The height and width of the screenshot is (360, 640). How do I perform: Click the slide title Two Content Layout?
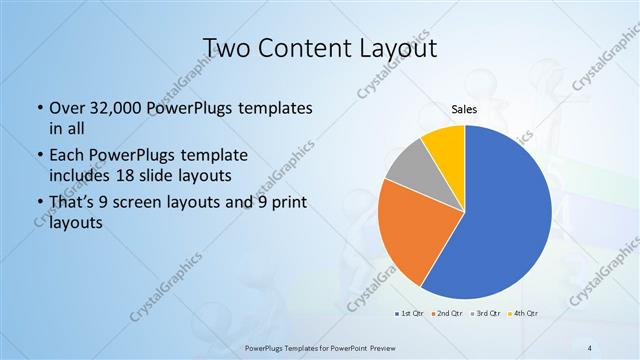320,49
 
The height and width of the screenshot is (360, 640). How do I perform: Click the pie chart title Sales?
464,109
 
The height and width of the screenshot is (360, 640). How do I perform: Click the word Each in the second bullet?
67,156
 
